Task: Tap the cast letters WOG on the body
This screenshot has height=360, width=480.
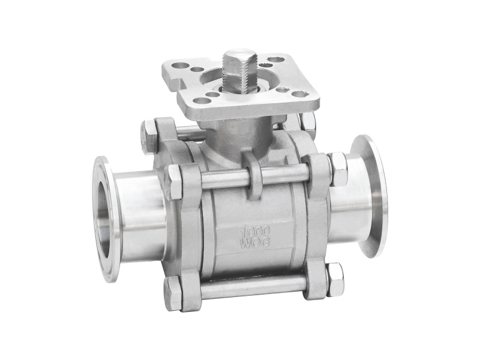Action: coord(256,243)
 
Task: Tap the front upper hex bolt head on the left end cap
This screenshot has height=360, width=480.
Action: coord(173,182)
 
